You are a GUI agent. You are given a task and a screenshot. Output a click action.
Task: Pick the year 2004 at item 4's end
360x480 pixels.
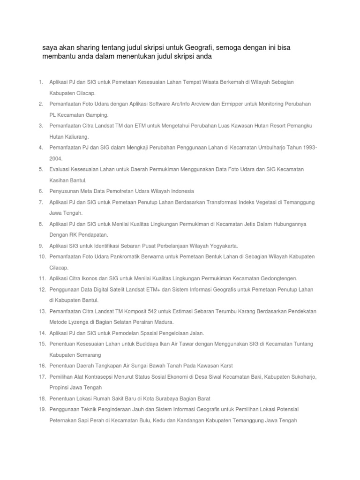click(x=56, y=158)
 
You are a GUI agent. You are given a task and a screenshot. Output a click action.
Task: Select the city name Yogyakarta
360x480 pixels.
click(x=223, y=246)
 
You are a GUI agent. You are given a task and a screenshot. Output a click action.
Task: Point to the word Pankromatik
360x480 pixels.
click(x=126, y=256)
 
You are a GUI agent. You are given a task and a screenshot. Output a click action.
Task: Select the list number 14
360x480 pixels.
click(x=42, y=333)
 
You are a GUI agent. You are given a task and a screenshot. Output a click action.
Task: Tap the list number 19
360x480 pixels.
click(x=42, y=409)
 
